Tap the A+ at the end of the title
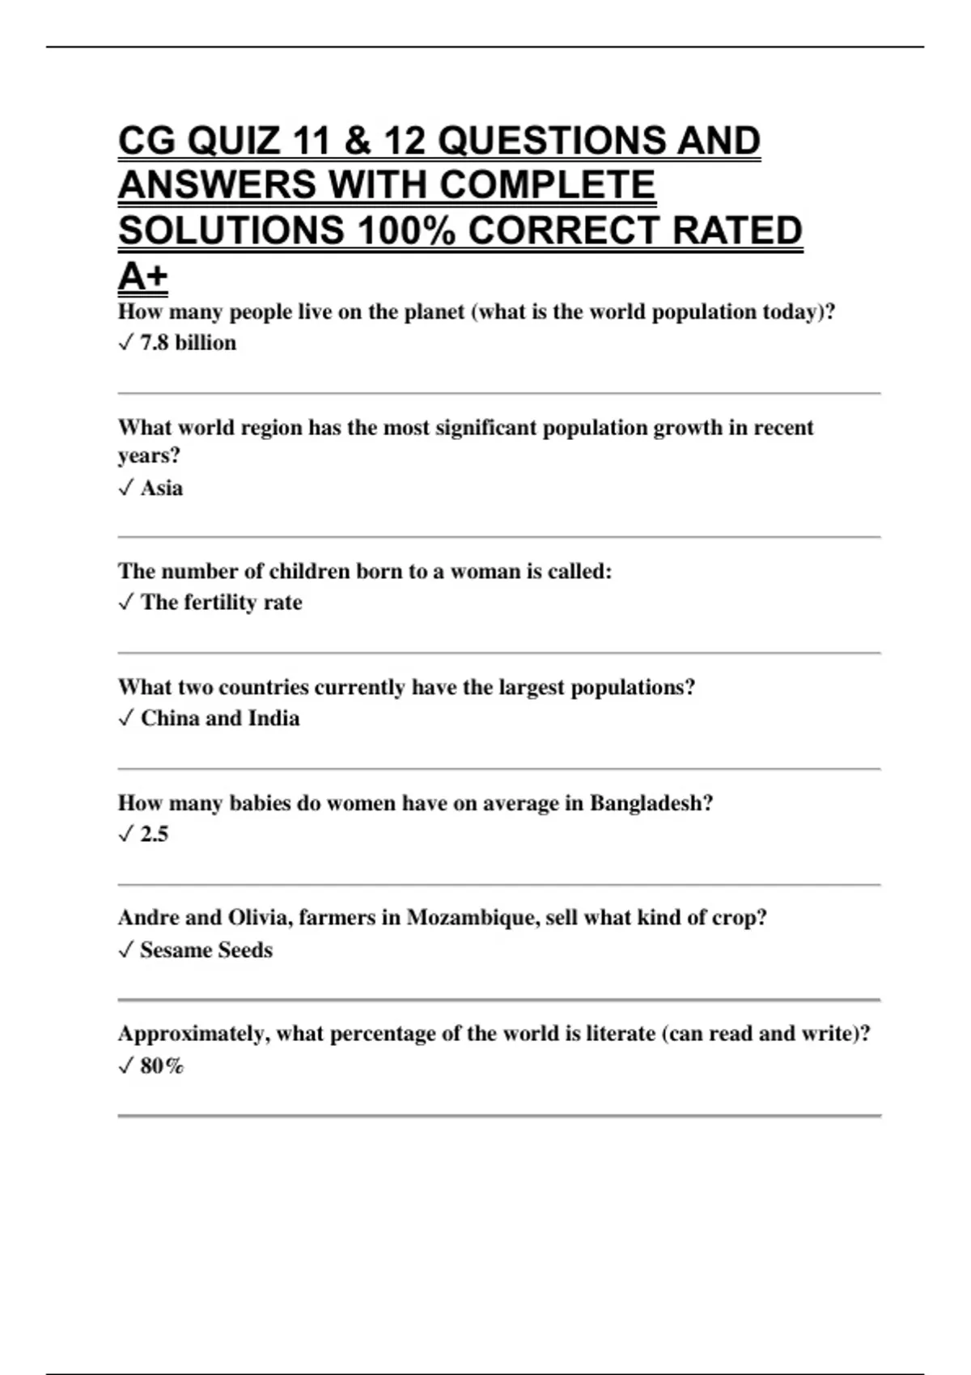click(142, 277)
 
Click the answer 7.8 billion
click(188, 343)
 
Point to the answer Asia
click(161, 489)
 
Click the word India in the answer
click(273, 718)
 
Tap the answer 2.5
click(154, 834)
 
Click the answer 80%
click(162, 1066)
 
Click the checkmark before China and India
click(125, 718)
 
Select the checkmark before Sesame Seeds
click(125, 950)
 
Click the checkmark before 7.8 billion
click(125, 343)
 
